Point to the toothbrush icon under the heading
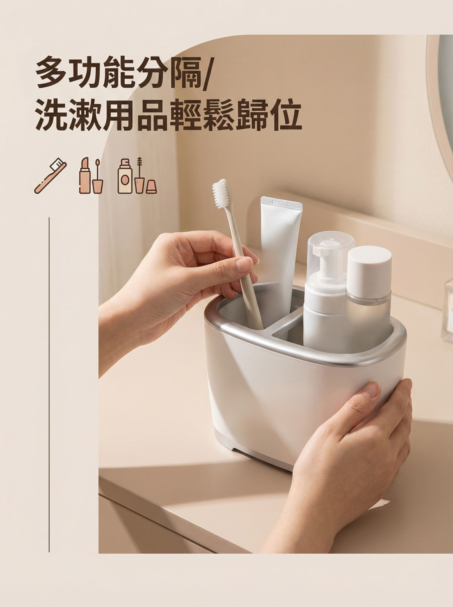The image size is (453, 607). coord(51,176)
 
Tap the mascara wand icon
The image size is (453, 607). coord(140,176)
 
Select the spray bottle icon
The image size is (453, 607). coord(125,176)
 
